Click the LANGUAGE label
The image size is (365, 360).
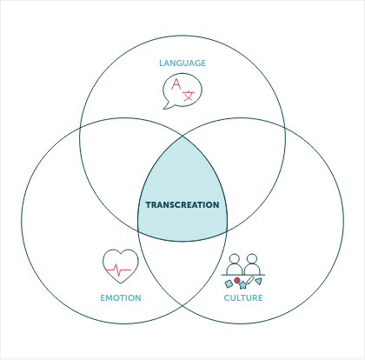[x=182, y=63]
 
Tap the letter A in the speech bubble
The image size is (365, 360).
[x=176, y=84]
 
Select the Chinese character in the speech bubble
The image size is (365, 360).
[x=189, y=94]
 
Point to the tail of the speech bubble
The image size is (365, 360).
[x=168, y=106]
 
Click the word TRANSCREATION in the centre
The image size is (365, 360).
[x=182, y=205]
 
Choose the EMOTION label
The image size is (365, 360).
[x=121, y=298]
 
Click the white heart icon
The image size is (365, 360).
[x=121, y=265]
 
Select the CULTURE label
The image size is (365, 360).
[x=243, y=298]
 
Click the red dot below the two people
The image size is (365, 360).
[x=237, y=280]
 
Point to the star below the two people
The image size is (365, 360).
[x=243, y=285]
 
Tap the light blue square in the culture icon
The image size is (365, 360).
[x=229, y=283]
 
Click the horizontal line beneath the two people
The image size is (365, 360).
[x=243, y=275]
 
